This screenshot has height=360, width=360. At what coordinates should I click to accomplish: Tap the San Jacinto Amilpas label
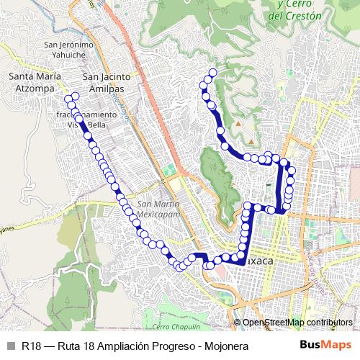coord(107,82)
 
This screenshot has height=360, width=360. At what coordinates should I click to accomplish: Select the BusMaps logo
coord(325,346)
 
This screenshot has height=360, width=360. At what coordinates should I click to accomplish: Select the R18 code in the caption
coord(31,346)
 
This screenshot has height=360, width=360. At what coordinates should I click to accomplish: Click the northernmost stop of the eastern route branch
coord(212,72)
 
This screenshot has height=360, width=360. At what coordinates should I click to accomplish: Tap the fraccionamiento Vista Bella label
coord(86,119)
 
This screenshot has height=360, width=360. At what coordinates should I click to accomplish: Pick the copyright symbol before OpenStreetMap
coord(237,323)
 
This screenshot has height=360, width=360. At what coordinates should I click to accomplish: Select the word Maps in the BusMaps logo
coord(337,346)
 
